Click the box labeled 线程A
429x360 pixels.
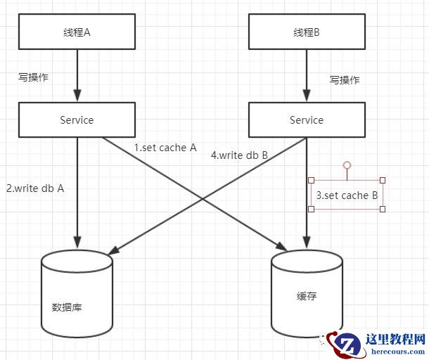point(77,32)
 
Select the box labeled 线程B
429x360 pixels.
point(306,32)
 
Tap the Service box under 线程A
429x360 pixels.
point(77,120)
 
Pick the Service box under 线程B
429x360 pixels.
point(306,120)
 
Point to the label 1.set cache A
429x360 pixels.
point(165,148)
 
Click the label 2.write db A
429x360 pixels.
point(35,188)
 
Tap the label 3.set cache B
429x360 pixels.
point(347,195)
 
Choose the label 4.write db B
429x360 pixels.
point(239,155)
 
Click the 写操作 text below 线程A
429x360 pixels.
point(33,77)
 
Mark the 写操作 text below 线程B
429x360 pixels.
point(345,79)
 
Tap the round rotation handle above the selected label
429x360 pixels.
point(347,165)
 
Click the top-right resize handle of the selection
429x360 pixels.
point(383,181)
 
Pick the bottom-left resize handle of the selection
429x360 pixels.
point(311,209)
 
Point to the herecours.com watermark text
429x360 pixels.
point(395,352)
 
